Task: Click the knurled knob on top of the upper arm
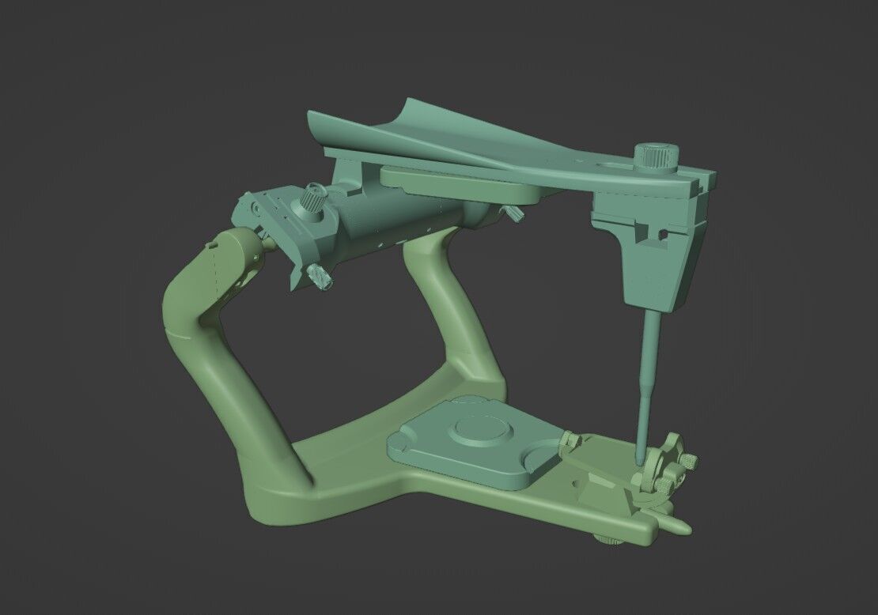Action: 658,156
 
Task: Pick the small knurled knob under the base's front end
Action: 608,540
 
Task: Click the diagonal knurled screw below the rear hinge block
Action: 320,276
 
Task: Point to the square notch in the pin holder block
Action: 656,232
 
